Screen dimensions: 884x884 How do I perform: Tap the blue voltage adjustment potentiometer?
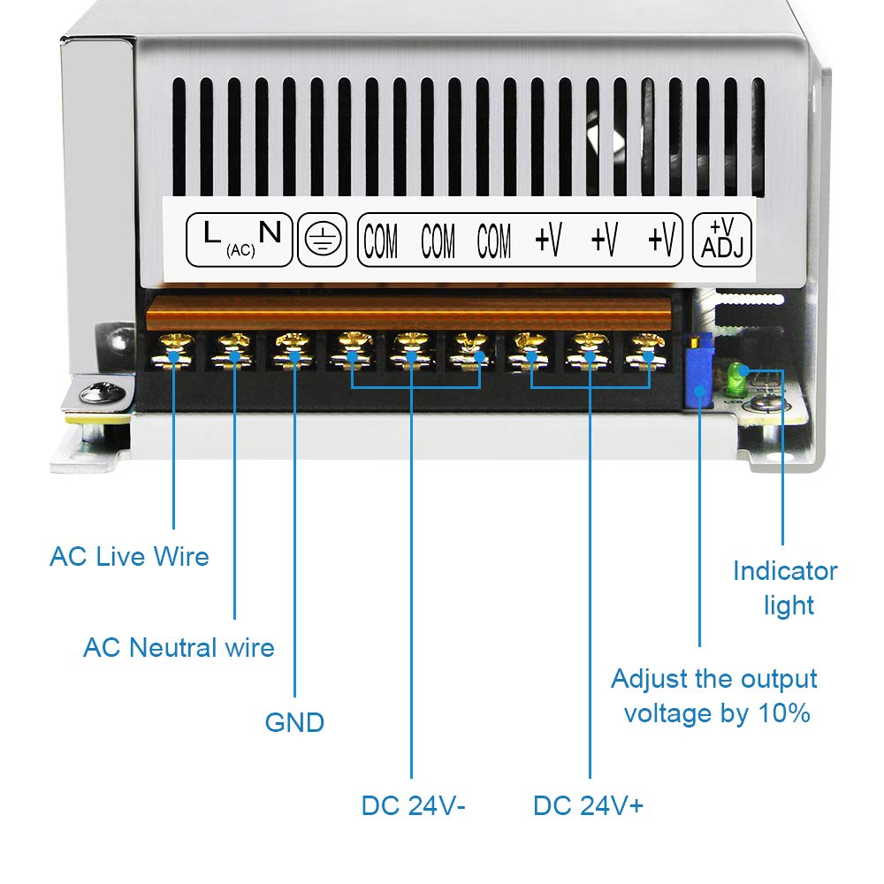(698, 370)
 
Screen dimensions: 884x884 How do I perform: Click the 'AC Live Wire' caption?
(129, 556)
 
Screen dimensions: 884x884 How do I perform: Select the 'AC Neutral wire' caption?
(179, 647)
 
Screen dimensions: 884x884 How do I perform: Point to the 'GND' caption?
(294, 723)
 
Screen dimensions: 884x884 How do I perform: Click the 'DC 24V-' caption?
(413, 805)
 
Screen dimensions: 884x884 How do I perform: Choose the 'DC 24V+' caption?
(588, 805)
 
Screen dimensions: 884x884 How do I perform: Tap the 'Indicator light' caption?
(785, 588)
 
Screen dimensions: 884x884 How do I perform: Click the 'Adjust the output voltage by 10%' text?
(714, 697)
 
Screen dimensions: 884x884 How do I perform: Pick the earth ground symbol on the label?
(323, 239)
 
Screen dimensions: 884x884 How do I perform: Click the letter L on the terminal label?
(211, 232)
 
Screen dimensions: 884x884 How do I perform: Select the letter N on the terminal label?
(270, 232)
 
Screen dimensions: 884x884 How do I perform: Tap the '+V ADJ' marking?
(722, 239)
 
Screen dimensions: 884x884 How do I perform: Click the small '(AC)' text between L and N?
(240, 250)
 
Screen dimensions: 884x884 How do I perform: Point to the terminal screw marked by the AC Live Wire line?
(173, 351)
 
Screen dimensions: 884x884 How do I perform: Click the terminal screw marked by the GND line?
(293, 351)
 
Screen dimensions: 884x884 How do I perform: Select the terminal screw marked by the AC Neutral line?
(233, 351)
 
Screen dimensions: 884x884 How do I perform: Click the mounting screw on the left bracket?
(102, 392)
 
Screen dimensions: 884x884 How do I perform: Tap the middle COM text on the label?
(438, 240)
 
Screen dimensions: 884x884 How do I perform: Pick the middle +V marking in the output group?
(605, 239)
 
